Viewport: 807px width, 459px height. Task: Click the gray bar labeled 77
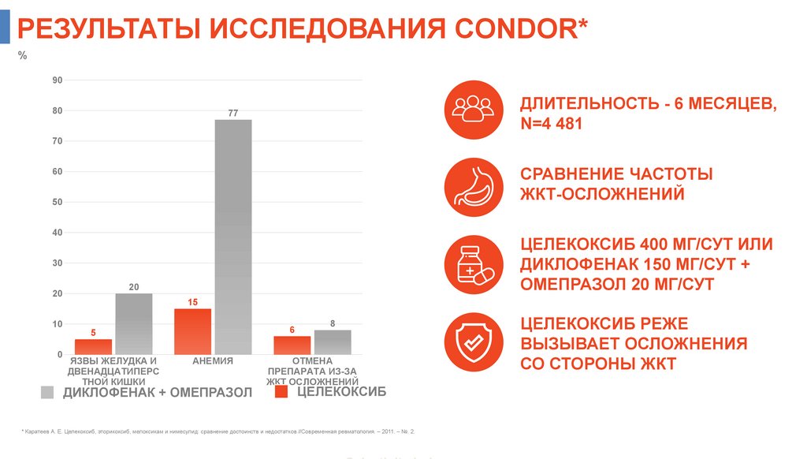pos(233,237)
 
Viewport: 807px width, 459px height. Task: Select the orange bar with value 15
pos(192,331)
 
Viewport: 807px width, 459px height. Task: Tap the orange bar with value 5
pos(93,346)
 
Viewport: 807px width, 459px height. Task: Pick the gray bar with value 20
pos(134,323)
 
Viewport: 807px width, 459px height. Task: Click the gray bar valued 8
pos(333,341)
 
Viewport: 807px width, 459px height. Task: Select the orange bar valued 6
pos(292,345)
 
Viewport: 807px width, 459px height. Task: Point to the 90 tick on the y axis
pos(58,80)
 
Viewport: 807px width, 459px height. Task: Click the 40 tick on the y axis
pos(58,233)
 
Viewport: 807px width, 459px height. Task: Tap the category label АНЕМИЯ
pos(213,361)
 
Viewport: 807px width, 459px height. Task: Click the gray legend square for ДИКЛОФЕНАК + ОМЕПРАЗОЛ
pos(47,393)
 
